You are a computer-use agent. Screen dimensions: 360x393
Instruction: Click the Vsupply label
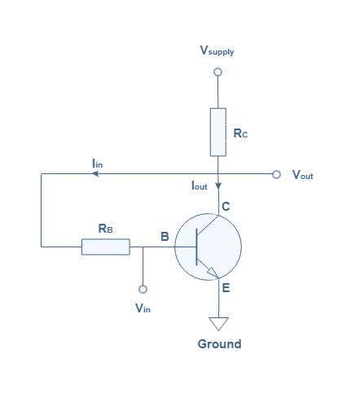(217, 50)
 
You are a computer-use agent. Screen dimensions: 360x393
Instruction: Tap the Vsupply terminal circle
(217, 72)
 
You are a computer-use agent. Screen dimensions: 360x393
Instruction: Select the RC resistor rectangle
(218, 132)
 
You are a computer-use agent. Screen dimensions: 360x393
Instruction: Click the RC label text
(240, 133)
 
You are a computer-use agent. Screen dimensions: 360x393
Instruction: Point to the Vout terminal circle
(276, 174)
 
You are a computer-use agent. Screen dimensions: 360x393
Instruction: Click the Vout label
(303, 175)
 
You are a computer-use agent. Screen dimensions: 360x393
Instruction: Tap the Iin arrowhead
(95, 173)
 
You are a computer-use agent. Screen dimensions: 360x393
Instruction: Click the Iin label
(98, 164)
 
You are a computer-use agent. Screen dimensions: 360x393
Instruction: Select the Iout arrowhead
(218, 186)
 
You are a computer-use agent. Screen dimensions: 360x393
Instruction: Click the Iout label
(200, 186)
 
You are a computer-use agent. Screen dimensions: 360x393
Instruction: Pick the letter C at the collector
(226, 207)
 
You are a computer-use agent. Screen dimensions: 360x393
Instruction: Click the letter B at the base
(165, 237)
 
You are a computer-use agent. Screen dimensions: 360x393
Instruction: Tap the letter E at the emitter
(226, 288)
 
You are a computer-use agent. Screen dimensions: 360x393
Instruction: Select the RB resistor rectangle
(106, 247)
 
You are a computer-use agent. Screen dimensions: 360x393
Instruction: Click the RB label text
(105, 229)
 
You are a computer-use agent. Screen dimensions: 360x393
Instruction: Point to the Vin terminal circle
(143, 290)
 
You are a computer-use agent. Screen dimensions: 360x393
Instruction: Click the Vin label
(143, 308)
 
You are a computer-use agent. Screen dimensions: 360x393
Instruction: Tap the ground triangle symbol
(218, 324)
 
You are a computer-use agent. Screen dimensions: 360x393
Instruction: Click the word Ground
(219, 344)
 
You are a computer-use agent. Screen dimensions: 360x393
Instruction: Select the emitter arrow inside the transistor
(213, 273)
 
